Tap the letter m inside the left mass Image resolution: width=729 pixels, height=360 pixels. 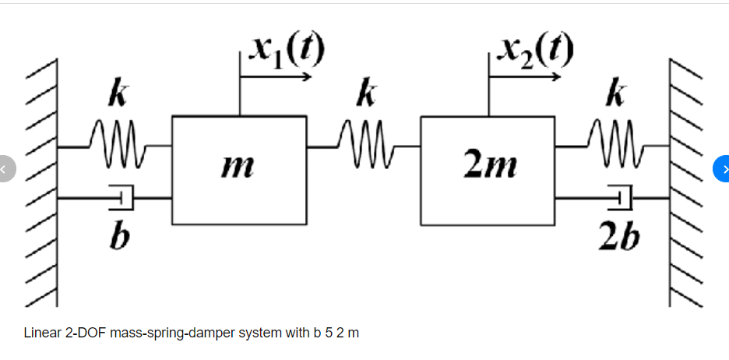pos(238,166)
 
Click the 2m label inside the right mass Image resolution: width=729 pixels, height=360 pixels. pos(488,166)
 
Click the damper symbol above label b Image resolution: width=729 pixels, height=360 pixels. pos(121,198)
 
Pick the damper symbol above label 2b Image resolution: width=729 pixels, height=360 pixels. pos(620,198)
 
